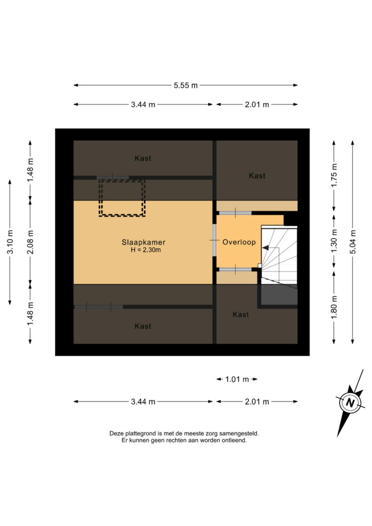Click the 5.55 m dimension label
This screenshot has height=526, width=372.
point(186,85)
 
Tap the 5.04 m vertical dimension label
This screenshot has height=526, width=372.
point(353,242)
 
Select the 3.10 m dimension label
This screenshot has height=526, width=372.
point(10,242)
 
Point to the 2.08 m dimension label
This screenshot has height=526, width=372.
point(30,242)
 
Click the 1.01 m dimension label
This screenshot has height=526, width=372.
point(237,379)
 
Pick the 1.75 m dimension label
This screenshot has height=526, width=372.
point(334,176)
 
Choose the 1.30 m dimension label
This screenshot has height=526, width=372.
point(334,242)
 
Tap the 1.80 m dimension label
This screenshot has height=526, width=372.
point(334,308)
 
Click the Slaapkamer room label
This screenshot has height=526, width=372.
point(143,242)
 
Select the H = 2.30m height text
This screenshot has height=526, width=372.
point(146,250)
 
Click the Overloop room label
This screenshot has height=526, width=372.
point(239,242)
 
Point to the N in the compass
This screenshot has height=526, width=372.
point(350,402)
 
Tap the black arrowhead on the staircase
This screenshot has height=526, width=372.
point(265,248)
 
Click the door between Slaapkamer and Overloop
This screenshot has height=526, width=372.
point(215,240)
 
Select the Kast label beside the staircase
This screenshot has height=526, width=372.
point(241,314)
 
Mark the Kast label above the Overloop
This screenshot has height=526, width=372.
point(257,175)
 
